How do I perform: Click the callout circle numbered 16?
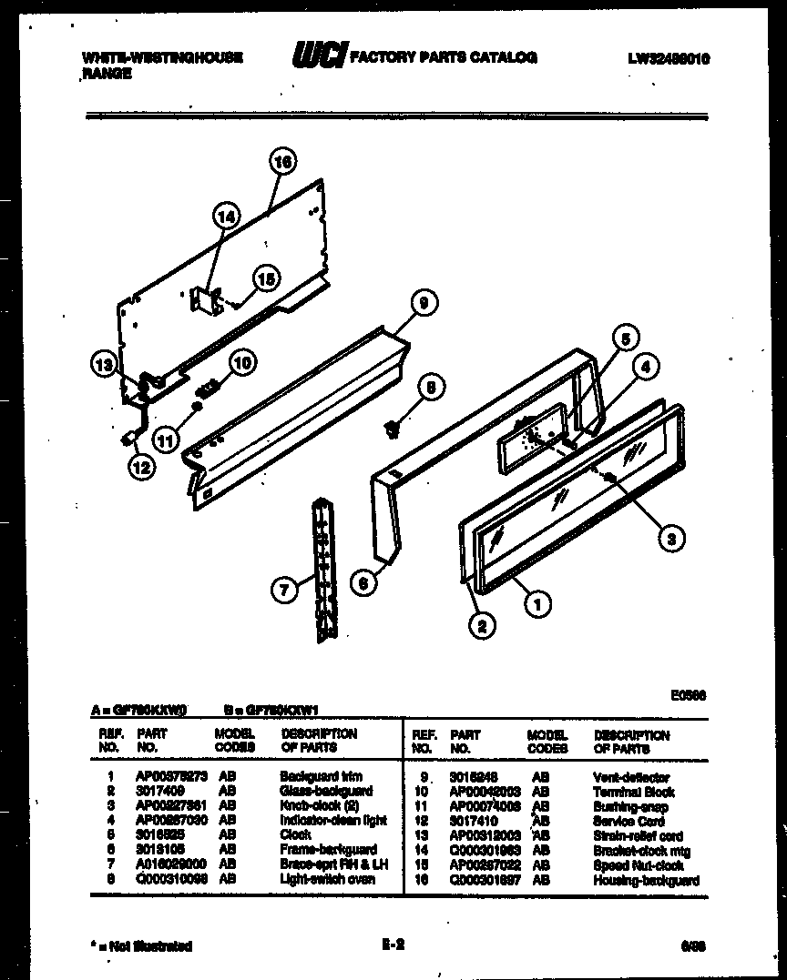[282, 163]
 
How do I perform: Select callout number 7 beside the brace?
[284, 591]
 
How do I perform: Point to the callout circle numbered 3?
[670, 539]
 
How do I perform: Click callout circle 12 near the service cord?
[141, 468]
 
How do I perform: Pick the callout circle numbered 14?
[226, 217]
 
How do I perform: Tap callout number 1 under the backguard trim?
[539, 602]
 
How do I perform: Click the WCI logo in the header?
[318, 56]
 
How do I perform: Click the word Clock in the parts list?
[295, 834]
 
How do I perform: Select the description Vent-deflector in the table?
[630, 778]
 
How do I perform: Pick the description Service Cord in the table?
[629, 821]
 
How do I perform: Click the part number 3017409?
[160, 792]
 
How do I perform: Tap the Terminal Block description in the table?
[634, 792]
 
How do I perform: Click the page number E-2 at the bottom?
[393, 945]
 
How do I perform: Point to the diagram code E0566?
[688, 696]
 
